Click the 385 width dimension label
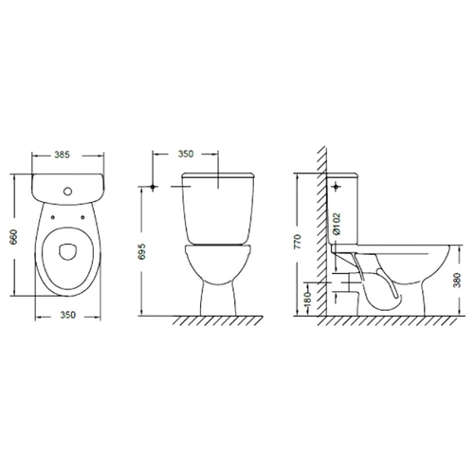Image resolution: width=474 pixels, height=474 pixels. pos(62,155)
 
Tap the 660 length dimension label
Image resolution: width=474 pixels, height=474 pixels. pos(14,237)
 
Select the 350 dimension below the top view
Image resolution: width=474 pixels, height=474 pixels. pos(68,315)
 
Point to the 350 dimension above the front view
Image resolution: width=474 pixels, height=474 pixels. pos(186,154)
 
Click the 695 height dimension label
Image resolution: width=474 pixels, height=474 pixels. pos(142,251)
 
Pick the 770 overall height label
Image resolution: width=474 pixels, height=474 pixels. pos(298,242)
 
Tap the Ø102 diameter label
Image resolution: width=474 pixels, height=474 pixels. pos(337,224)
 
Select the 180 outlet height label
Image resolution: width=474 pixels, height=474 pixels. pos(308,299)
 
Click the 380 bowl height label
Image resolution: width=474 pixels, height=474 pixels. pos(457,281)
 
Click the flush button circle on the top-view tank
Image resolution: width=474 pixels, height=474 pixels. pos(68,191)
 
